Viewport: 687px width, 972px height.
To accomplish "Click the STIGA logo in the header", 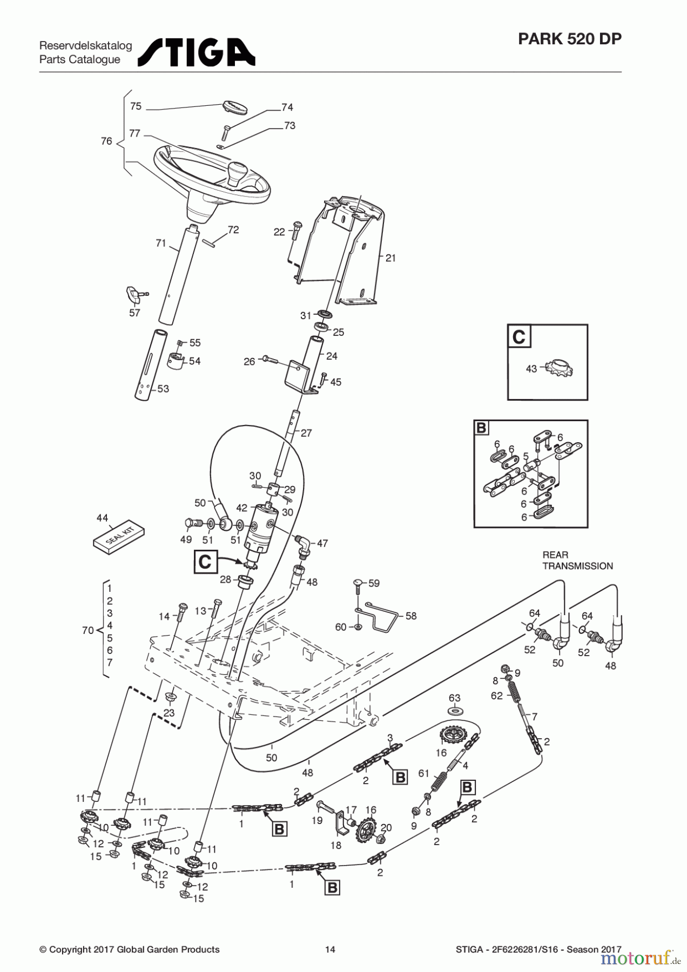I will pyautogui.click(x=197, y=52).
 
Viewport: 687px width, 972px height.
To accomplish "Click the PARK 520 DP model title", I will pyautogui.click(x=569, y=39).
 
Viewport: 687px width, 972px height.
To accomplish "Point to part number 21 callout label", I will pyautogui.click(x=390, y=258).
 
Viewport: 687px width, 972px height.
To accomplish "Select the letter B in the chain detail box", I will pyautogui.click(x=481, y=428).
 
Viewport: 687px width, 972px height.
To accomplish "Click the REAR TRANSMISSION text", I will pyautogui.click(x=577, y=561).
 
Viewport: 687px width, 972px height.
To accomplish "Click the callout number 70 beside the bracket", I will pyautogui.click(x=87, y=630).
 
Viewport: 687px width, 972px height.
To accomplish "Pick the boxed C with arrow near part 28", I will pyautogui.click(x=205, y=562).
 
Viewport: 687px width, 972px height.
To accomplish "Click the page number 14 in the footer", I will pyautogui.click(x=330, y=949).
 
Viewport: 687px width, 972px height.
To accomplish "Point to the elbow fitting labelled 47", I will pyautogui.click(x=304, y=543).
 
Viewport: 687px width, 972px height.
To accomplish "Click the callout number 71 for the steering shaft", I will pyautogui.click(x=161, y=244).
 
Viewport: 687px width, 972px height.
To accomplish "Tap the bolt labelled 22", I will pyautogui.click(x=294, y=231).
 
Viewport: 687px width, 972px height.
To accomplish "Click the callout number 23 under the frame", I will pyautogui.click(x=169, y=712).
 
